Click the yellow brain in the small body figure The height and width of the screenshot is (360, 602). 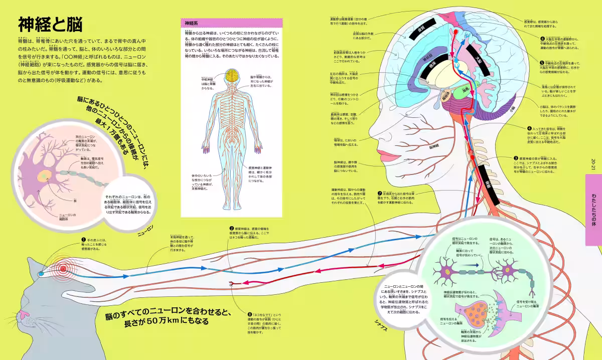pos(232,76)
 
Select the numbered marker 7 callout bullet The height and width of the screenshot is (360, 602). pos(380,193)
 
